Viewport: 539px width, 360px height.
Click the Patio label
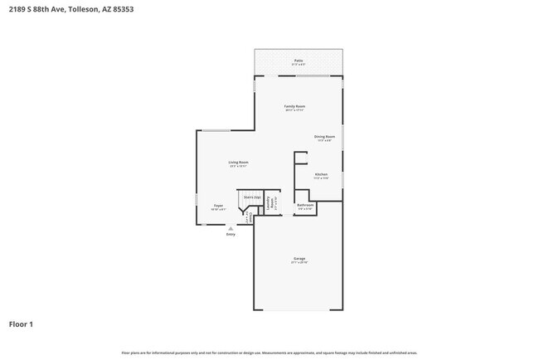point(298,61)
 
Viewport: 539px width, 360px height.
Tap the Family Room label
point(295,106)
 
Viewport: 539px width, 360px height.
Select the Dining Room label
point(324,136)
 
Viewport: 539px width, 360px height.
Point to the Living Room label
point(239,162)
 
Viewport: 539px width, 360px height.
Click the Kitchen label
point(321,174)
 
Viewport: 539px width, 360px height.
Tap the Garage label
point(299,259)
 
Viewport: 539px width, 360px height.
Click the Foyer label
point(218,205)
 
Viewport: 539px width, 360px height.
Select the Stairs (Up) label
point(252,197)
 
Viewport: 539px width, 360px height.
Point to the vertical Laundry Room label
point(269,203)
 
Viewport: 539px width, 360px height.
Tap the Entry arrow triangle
point(231,228)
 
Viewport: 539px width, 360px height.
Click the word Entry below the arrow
point(231,235)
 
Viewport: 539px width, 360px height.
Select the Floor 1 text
point(21,324)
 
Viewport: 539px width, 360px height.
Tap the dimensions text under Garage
point(299,263)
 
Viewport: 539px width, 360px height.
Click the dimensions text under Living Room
point(239,166)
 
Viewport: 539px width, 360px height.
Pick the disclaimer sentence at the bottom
point(269,353)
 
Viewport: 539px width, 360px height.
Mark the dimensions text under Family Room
point(295,110)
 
